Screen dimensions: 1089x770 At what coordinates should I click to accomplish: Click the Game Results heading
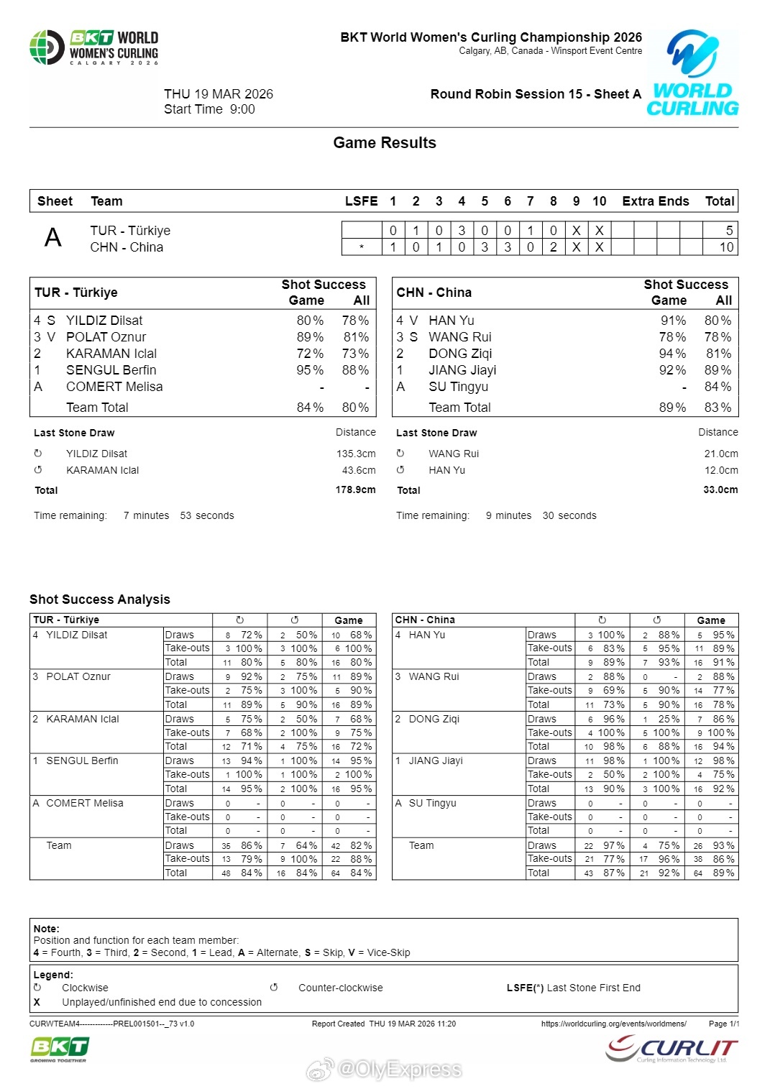point(385,143)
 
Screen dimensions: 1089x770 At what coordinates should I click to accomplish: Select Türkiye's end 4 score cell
point(462,231)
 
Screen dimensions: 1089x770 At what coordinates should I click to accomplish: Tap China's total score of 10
point(726,247)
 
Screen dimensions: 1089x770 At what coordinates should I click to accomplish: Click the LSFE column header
point(361,201)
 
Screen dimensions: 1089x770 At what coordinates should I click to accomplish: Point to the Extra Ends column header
point(655,201)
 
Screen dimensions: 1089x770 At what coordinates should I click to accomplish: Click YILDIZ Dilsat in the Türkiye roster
point(104,321)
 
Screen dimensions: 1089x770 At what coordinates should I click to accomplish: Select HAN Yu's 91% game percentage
point(673,321)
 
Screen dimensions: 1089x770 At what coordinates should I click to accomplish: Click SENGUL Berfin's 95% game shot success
point(310,370)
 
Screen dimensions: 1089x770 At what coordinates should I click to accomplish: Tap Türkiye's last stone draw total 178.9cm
point(355,490)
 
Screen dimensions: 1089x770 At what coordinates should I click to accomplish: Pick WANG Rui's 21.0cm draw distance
point(720,454)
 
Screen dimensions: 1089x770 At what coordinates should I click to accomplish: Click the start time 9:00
point(242,109)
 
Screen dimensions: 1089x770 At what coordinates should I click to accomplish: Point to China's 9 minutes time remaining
point(508,515)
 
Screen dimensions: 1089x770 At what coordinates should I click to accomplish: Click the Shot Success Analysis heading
point(100,599)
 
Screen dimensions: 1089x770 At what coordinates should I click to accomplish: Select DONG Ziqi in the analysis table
point(434,719)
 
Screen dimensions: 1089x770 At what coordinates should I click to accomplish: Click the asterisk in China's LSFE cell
point(362,247)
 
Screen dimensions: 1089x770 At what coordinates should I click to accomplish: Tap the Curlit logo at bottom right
point(672,1049)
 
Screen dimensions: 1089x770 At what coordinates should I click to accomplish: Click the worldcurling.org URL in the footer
point(613,1024)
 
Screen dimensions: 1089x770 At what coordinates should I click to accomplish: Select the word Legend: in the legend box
point(53,975)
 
